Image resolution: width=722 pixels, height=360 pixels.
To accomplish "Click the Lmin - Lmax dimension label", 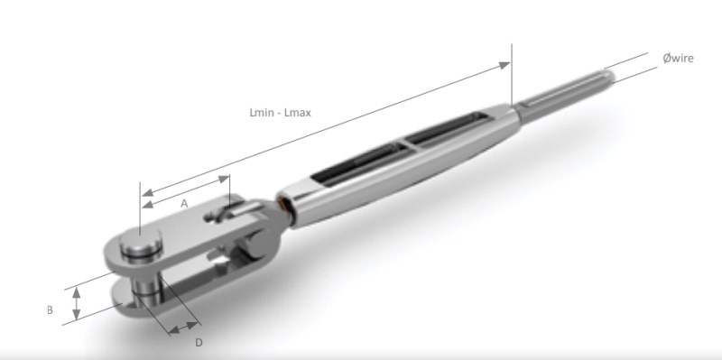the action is pos(280,112).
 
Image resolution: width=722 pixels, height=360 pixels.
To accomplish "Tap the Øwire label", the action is pos(678,58).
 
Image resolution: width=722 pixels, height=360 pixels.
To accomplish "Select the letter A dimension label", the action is pos(184,204).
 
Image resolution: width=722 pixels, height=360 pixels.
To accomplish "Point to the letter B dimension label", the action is pos(50,309).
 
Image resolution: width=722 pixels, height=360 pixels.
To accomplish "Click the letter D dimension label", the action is pos(199,343).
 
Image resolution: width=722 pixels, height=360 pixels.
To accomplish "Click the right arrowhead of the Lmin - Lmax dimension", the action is pos(504,66).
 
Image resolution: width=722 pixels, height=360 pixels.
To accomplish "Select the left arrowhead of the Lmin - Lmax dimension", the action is pos(147,192).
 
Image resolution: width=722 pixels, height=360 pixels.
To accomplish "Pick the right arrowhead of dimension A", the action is pos(224,179).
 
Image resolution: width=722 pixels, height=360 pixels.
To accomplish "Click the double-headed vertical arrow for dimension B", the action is pos(77,303).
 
